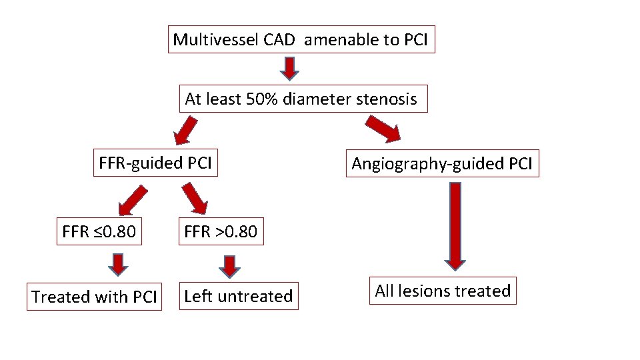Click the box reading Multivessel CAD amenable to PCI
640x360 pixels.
(x=303, y=39)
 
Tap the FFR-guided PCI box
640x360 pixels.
(x=156, y=163)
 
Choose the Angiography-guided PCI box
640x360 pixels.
(x=442, y=163)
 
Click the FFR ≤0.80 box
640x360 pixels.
(x=99, y=232)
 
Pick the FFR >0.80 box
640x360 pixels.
(x=220, y=232)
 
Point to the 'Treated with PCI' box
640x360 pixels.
(x=94, y=297)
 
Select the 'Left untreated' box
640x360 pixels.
(x=238, y=296)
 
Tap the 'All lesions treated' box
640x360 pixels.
(x=443, y=291)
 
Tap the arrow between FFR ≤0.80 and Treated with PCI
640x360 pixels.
(x=119, y=265)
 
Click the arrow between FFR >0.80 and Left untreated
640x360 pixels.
(x=229, y=265)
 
